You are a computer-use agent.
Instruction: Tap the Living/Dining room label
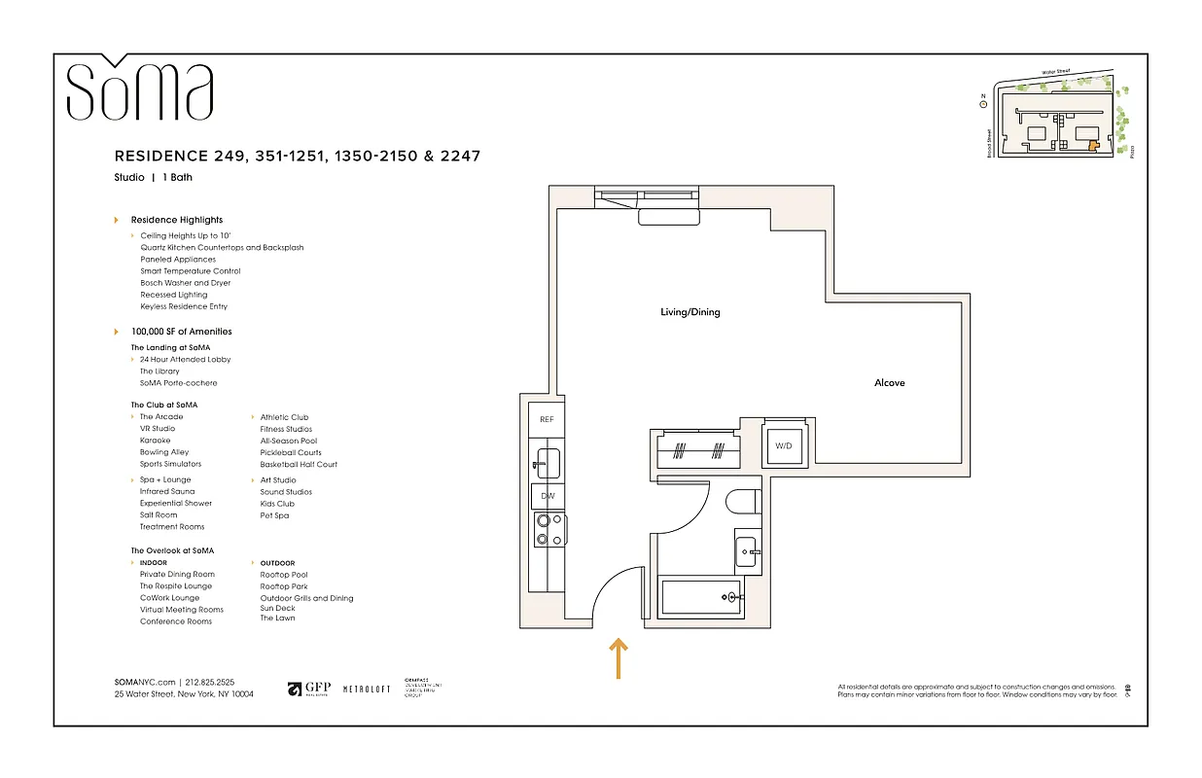pos(690,312)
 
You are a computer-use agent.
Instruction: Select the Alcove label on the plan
pos(889,383)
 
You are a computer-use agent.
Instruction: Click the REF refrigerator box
pos(547,419)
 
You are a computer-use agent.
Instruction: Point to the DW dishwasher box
pos(547,496)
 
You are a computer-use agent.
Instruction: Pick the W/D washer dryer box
pos(784,445)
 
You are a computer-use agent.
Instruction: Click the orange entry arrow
pos(619,657)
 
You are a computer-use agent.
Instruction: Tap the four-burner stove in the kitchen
pos(546,531)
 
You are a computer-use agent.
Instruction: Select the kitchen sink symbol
pos(547,463)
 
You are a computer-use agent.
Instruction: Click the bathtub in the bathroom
pos(701,595)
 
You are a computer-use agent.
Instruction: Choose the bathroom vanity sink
pos(747,550)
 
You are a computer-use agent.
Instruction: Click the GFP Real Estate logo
pos(309,689)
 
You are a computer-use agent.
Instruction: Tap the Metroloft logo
pos(367,690)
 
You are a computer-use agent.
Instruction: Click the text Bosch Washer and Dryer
pos(185,283)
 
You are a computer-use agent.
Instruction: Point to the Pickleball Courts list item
pos(290,452)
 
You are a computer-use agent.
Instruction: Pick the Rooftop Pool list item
pos(283,575)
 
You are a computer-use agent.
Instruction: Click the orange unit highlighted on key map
pos(1092,145)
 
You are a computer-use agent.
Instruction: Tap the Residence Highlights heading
pos(176,220)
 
